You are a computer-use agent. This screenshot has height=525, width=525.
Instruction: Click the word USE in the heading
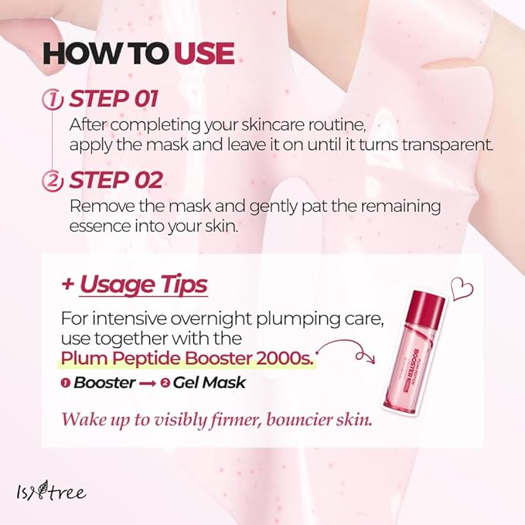pyautogui.click(x=204, y=53)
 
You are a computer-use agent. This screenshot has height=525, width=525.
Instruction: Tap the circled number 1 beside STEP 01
pyautogui.click(x=53, y=100)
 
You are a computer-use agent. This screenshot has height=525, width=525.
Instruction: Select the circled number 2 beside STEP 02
pyautogui.click(x=53, y=181)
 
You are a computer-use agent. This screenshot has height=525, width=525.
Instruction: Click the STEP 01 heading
pyautogui.click(x=114, y=99)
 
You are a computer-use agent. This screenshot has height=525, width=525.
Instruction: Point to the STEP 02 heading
pyautogui.click(x=116, y=180)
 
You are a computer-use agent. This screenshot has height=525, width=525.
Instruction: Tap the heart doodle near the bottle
pyautogui.click(x=462, y=288)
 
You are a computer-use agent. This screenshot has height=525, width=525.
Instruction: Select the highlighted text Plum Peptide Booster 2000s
pyautogui.click(x=187, y=359)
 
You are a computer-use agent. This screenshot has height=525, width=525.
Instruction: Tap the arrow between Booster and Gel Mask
pyautogui.click(x=147, y=384)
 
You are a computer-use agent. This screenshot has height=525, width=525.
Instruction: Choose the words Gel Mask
pyautogui.click(x=210, y=383)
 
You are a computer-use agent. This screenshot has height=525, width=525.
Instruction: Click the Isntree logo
pyautogui.click(x=51, y=492)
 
